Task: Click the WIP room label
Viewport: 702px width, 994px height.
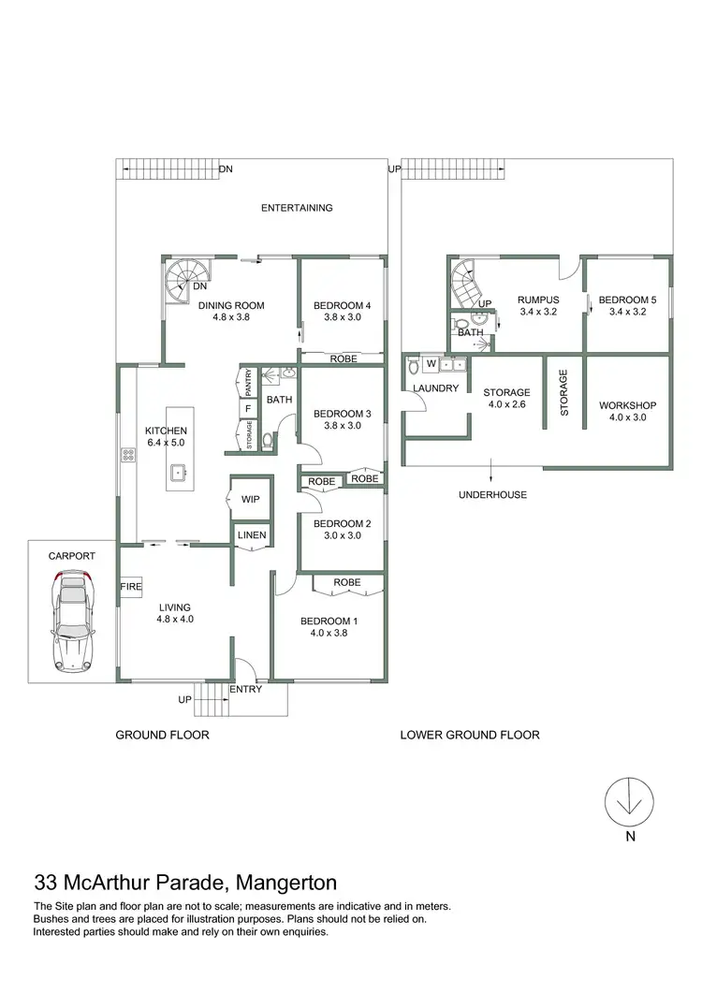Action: point(250,500)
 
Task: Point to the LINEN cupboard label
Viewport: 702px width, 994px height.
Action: point(252,536)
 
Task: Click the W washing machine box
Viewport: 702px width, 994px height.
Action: point(431,363)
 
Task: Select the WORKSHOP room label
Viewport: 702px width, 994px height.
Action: point(627,405)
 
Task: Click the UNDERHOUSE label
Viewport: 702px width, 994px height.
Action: point(492,494)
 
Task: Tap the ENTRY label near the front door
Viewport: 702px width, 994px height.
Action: point(245,690)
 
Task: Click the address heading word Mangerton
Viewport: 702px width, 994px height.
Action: point(286,882)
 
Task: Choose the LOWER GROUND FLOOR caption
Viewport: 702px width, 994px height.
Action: point(469,735)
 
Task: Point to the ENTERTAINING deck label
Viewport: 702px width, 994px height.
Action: point(296,208)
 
